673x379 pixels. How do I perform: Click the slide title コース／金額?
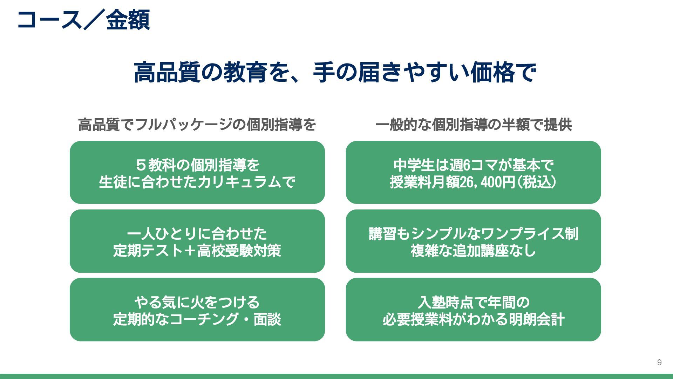[83, 20]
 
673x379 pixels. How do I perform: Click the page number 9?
[659, 363]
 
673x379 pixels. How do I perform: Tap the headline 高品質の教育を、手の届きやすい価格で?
[335, 72]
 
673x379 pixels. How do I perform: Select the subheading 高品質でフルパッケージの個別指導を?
[197, 125]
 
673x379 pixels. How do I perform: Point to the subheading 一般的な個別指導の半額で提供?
[474, 125]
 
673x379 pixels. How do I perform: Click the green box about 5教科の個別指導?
[197, 172]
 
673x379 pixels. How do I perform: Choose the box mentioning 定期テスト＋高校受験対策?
[197, 241]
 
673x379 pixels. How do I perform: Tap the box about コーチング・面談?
[197, 310]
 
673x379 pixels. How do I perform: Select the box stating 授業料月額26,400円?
[473, 172]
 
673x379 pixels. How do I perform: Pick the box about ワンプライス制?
[473, 241]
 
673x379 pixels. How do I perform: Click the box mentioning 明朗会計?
[473, 310]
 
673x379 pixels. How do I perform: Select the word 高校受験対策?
[239, 251]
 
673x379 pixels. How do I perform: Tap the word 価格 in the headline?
[492, 72]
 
